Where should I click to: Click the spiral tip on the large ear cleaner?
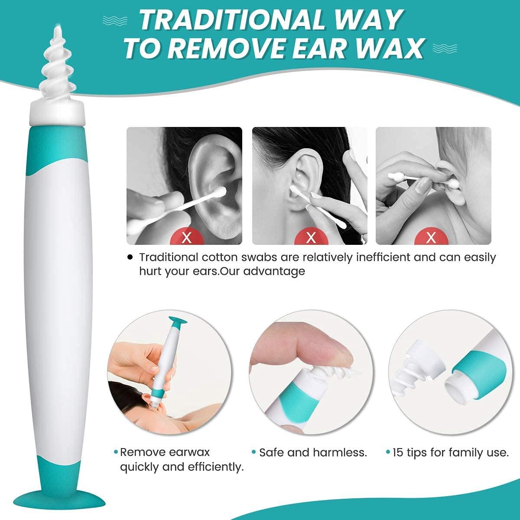click(x=56, y=65)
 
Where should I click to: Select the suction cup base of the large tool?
click(x=56, y=505)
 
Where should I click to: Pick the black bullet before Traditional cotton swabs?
click(x=130, y=257)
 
